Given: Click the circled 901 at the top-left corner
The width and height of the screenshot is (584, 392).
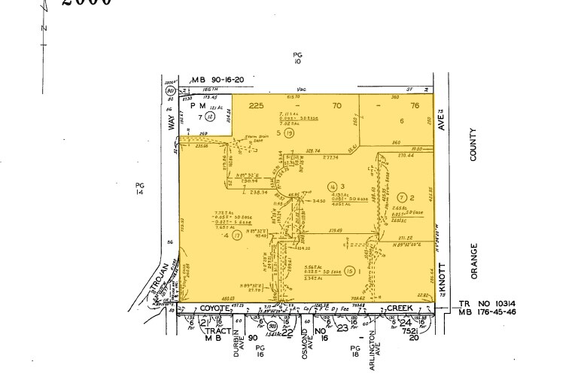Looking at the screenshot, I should pos(171,90).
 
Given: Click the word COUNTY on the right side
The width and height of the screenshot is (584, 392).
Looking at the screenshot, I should pos(474,144).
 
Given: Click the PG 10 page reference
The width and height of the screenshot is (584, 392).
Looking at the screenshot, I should pos(297,59).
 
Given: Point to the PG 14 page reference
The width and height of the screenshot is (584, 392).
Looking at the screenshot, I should pos(138,188).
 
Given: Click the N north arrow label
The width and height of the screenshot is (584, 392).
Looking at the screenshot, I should pos(44,29).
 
